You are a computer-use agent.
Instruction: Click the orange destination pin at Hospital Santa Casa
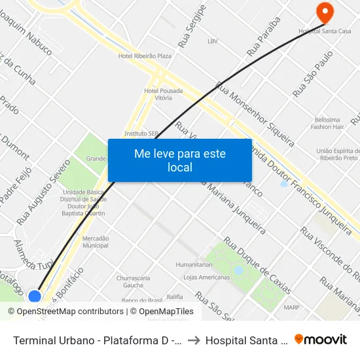pyautogui.click(x=324, y=12)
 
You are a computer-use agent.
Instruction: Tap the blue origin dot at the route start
pyautogui.click(x=35, y=297)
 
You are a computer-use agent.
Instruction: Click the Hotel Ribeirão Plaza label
pyautogui.click(x=145, y=56)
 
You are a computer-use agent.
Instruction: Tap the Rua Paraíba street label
pyautogui.click(x=264, y=36)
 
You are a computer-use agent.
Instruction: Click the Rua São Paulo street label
pyautogui.click(x=314, y=74)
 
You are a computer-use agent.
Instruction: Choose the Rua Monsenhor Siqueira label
pyautogui.click(x=255, y=113)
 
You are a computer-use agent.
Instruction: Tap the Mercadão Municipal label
pyautogui.click(x=96, y=242)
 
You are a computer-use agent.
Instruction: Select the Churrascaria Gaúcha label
pyautogui.click(x=129, y=281)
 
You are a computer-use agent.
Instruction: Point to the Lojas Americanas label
pyautogui.click(x=207, y=277)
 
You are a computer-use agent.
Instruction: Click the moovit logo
pyautogui.click(x=321, y=339)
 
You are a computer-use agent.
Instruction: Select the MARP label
pyautogui.click(x=291, y=307)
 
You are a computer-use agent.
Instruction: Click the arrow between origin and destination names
pyautogui.click(x=195, y=340)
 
